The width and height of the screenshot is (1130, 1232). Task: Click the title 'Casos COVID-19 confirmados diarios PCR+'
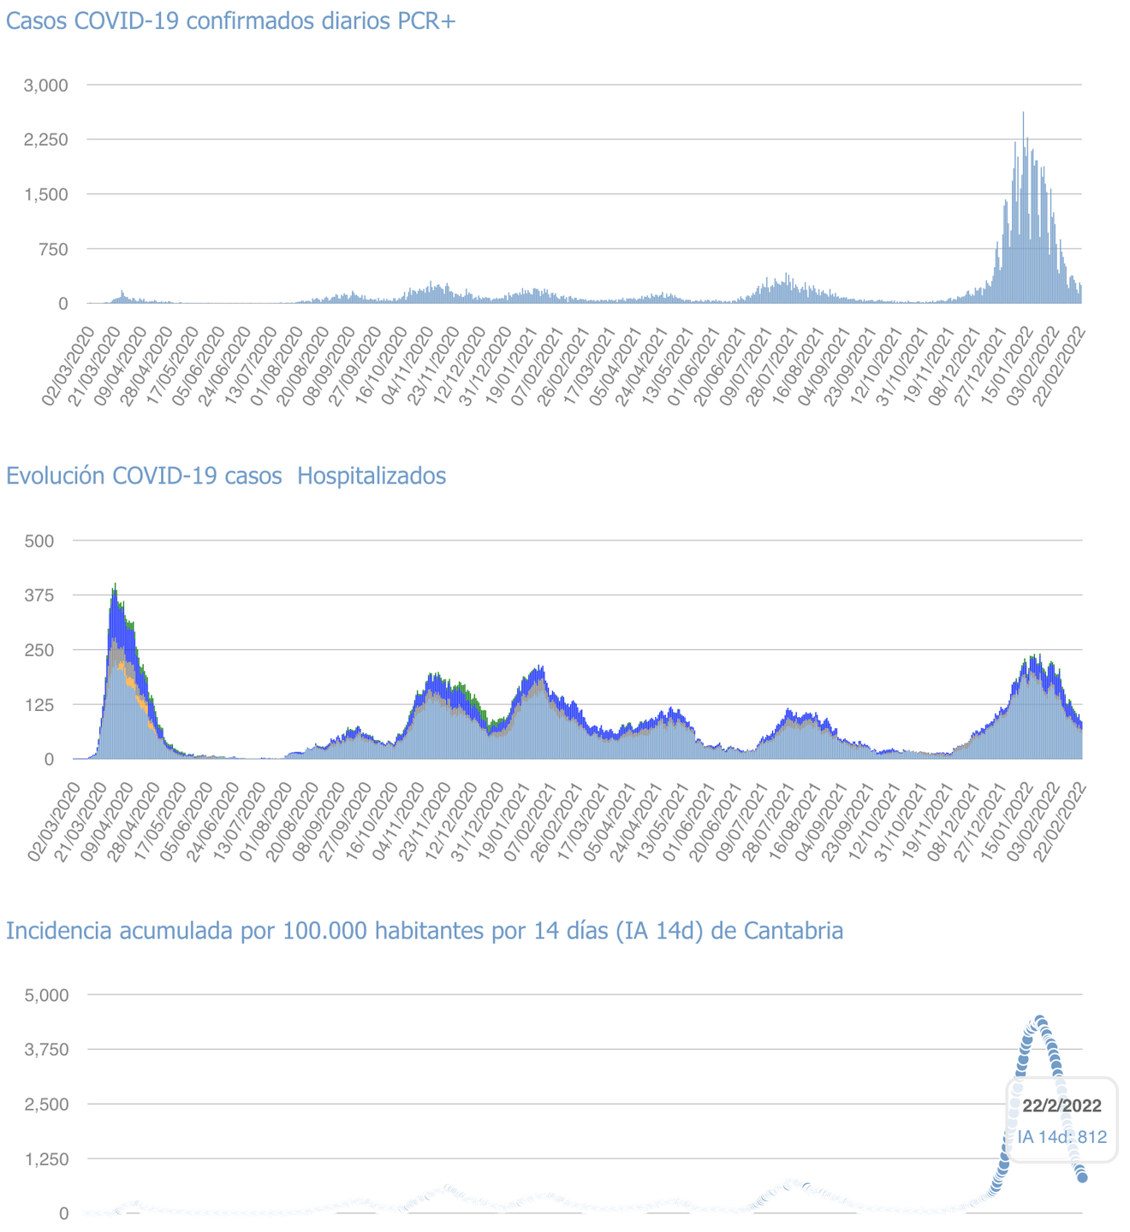pyautogui.click(x=231, y=21)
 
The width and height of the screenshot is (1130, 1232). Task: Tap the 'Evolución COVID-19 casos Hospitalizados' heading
pyautogui.click(x=226, y=476)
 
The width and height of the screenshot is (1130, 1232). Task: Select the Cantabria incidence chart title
pyautogui.click(x=425, y=930)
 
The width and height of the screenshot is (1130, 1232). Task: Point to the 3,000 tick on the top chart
pyautogui.click(x=46, y=85)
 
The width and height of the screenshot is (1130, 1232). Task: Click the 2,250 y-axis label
pyautogui.click(x=46, y=139)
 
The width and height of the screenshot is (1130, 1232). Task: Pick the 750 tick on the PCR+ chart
pyautogui.click(x=51, y=249)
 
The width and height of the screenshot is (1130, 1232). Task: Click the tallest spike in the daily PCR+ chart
pyautogui.click(x=1023, y=114)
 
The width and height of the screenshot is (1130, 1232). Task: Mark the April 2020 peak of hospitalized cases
pyautogui.click(x=115, y=586)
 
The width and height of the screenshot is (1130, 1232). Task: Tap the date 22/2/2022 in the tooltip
pyautogui.click(x=1062, y=1105)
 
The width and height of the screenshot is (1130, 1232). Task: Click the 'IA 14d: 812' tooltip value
pyautogui.click(x=1062, y=1137)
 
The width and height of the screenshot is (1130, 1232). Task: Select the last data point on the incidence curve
pyautogui.click(x=1082, y=1177)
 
